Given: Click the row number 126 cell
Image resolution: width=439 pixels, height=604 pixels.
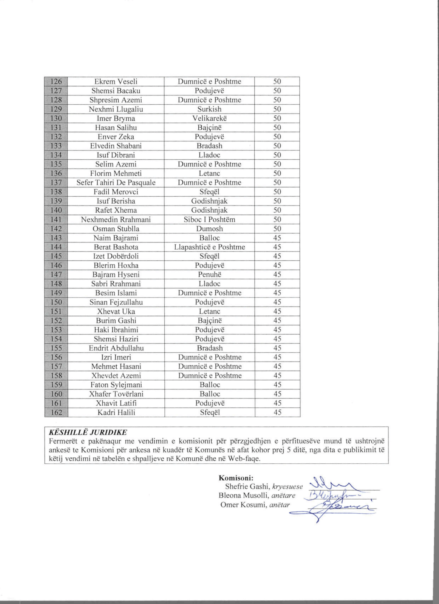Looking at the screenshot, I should point(56,82).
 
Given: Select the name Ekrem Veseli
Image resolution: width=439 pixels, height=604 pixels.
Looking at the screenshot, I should point(116,82).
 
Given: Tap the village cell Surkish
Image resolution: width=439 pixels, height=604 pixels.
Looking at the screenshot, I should point(209,109).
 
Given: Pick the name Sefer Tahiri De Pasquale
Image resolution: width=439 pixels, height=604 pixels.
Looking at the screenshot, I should point(116,183).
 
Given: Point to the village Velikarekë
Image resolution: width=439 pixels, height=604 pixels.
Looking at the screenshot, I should point(209,118).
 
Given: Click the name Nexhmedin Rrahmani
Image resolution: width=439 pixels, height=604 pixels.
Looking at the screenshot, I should point(116,219).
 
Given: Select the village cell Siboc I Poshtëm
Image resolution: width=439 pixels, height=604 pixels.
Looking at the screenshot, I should point(209,219).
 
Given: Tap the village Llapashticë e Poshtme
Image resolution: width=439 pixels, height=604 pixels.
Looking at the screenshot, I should point(209,247).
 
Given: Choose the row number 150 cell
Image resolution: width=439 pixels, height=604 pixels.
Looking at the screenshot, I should point(56,302).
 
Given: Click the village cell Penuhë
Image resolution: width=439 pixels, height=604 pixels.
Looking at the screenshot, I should point(209,274).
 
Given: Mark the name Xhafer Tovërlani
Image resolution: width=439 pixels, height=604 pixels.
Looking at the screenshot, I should point(116,394).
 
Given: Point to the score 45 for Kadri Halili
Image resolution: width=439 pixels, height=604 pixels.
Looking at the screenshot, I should point(277,412).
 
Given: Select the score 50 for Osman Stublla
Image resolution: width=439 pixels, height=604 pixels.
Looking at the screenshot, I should point(277,229).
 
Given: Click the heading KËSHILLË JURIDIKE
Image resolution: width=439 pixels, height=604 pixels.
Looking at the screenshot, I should point(88,432).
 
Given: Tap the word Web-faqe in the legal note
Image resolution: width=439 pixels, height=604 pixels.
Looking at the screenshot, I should point(244,459).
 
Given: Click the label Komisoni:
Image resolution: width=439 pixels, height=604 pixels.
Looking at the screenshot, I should point(236,478).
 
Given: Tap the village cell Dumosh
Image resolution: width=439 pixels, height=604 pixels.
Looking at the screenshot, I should point(209,229).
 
